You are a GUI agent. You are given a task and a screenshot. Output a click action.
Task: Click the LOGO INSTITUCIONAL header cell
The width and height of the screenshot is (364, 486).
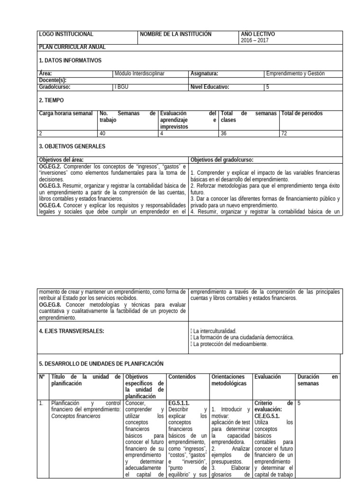66,35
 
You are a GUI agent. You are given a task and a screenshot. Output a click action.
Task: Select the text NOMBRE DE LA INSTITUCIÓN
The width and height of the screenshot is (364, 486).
176,35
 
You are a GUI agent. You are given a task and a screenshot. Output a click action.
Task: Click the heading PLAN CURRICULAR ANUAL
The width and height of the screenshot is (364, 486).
72,47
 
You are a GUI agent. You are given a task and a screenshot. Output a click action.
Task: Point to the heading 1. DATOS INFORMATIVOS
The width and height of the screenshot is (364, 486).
70,60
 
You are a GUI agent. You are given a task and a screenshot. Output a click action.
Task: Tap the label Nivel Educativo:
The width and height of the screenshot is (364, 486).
209,87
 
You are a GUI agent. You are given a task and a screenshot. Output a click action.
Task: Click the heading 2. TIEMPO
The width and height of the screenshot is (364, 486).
51,101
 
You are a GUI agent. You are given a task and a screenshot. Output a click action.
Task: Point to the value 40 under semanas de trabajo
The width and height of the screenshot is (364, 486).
103,133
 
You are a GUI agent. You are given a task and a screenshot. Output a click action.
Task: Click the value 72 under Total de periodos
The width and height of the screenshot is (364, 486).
284,133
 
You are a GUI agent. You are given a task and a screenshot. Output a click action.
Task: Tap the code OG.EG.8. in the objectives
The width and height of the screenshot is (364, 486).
50,304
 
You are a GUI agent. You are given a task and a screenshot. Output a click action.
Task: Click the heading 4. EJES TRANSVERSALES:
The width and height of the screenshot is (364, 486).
71,331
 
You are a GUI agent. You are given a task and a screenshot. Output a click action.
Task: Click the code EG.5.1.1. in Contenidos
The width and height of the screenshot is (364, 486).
179,402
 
